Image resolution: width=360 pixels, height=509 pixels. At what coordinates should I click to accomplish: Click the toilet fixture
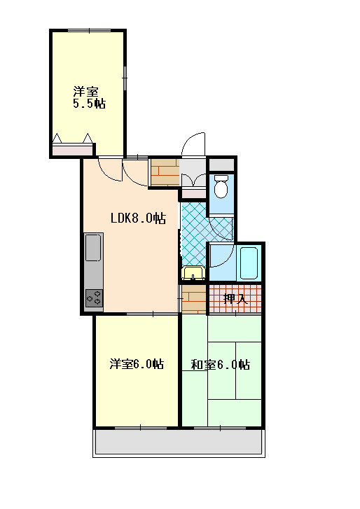coord(221,186)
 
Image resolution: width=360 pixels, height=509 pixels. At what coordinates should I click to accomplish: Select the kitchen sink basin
coord(93,247)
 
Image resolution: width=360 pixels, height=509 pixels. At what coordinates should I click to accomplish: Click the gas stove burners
coord(94,298)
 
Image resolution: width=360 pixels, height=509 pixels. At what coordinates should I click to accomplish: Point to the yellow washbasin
coord(193,273)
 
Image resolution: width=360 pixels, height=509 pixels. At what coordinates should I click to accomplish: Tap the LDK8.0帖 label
coord(138,218)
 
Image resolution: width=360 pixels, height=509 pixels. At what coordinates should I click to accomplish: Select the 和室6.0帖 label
coord(221,365)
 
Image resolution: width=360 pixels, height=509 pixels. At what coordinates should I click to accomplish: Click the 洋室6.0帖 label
coord(137,364)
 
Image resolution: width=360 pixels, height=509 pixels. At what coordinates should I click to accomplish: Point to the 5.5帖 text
coord(89,104)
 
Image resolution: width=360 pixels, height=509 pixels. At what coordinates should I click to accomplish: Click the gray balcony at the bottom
coord(179,442)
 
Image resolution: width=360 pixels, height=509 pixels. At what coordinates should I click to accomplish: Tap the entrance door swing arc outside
coord(192,138)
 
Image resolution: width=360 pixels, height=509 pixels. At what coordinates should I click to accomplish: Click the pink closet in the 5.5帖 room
coord(72,150)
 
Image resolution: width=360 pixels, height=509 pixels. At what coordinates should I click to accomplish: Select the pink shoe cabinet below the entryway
coord(193,194)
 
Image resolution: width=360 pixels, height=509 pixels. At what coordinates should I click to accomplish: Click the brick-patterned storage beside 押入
coord(194,299)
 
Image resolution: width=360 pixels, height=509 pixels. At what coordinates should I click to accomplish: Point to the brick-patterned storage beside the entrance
coord(165,172)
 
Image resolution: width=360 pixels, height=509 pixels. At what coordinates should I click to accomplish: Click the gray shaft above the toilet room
coord(221,165)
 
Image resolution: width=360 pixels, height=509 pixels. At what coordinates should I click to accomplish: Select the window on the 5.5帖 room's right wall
coord(125,77)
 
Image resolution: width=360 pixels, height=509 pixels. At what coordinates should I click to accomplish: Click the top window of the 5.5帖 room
coord(89,31)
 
